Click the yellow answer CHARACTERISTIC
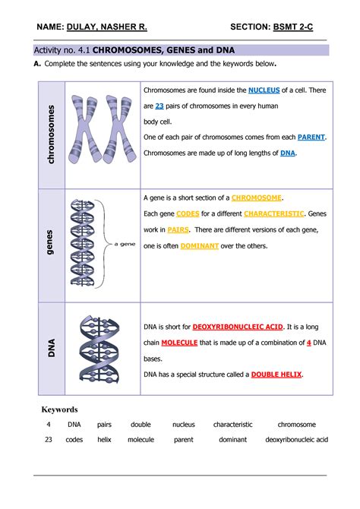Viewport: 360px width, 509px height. pyautogui.click(x=274, y=213)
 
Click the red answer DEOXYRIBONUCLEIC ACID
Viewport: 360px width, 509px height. pyautogui.click(x=238, y=327)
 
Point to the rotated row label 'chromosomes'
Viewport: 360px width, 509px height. pyautogui.click(x=51, y=134)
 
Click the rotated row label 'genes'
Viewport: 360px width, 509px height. pyautogui.click(x=51, y=242)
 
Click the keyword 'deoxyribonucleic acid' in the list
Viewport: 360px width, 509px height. pyautogui.click(x=296, y=439)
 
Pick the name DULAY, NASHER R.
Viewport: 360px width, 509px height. pyautogui.click(x=106, y=27)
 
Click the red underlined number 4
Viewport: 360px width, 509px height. pyautogui.click(x=309, y=343)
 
